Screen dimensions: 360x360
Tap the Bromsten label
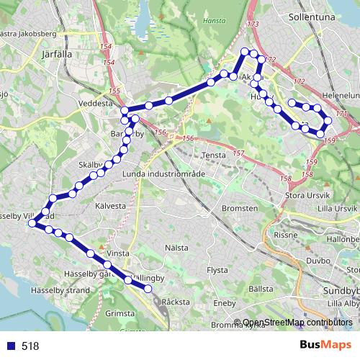(x=240, y=208)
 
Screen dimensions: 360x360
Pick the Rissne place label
(x=286, y=235)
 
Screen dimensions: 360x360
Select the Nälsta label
(x=176, y=248)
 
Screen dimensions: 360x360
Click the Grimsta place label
(x=120, y=314)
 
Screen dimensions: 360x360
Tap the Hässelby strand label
(x=60, y=291)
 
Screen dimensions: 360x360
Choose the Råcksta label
(x=176, y=302)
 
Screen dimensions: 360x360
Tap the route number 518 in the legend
(x=30, y=346)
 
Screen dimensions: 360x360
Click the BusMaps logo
(x=325, y=345)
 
